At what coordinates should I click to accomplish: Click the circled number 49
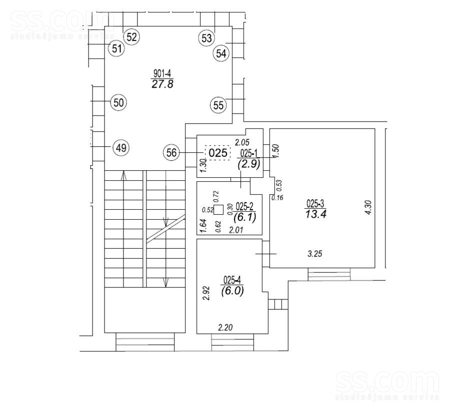click(x=120, y=148)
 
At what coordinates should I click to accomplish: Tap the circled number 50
click(x=118, y=103)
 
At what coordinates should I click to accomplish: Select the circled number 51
click(x=117, y=49)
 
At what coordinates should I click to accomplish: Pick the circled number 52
click(x=132, y=37)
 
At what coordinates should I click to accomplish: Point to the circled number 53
click(x=206, y=38)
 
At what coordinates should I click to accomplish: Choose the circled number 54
click(x=221, y=54)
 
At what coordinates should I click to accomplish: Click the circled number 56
click(x=171, y=153)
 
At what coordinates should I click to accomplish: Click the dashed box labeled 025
click(x=218, y=153)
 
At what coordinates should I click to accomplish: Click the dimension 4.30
click(x=369, y=207)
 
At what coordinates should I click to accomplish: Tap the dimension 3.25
click(x=314, y=254)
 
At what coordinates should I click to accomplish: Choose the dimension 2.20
click(x=225, y=327)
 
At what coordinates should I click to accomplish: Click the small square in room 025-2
click(x=218, y=209)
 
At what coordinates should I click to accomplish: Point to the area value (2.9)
click(x=248, y=164)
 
